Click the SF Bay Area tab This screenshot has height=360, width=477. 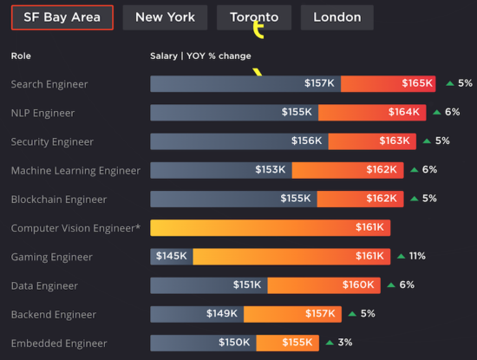62,16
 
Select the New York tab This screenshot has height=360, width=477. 165,16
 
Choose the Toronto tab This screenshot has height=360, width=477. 254,16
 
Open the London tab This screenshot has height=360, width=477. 337,16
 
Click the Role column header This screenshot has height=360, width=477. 21,56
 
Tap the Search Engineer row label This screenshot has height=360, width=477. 49,84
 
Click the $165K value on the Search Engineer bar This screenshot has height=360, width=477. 417,84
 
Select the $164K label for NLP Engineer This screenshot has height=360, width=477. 404,113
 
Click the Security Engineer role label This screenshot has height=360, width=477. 52,141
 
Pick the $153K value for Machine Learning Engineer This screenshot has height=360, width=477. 271,170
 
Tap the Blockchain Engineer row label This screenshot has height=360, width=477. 57,199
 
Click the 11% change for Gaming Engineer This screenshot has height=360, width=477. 417,257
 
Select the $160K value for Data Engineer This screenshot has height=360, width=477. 358,285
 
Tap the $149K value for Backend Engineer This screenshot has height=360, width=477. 222,314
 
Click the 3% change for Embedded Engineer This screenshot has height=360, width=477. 345,343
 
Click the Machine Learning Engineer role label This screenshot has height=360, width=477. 75,170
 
